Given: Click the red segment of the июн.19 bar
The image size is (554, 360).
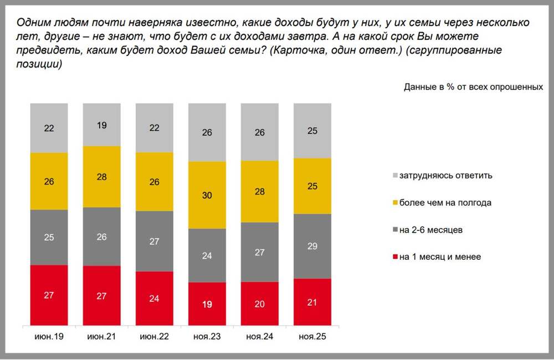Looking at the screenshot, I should click(x=49, y=295).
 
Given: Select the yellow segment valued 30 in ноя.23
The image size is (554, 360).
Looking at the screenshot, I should click(x=207, y=195).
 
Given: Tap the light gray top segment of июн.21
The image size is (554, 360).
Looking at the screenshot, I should click(x=101, y=125).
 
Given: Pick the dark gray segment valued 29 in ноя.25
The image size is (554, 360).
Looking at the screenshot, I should click(x=312, y=246).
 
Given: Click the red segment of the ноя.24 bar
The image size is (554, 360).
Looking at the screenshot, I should click(x=259, y=304).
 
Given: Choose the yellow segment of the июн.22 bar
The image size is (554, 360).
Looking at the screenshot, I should click(x=154, y=182).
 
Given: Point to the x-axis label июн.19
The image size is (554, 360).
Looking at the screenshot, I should click(x=49, y=336).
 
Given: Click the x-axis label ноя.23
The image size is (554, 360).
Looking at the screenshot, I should click(x=207, y=336).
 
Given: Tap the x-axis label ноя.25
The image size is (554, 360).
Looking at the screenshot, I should click(x=312, y=336).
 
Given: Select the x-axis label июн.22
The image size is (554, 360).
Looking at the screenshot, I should click(x=154, y=336).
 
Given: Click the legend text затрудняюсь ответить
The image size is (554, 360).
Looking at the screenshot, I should click(x=447, y=176).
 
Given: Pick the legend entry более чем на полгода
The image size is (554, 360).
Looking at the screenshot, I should click(x=445, y=203).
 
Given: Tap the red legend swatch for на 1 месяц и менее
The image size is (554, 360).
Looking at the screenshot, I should click(x=394, y=257).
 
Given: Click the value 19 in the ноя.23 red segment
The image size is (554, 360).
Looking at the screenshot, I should click(x=207, y=304).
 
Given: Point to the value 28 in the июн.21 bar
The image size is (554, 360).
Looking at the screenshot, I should click(x=101, y=177).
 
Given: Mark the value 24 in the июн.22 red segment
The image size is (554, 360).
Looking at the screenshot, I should click(x=154, y=298).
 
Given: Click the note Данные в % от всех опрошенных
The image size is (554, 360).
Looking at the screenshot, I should click(x=473, y=87).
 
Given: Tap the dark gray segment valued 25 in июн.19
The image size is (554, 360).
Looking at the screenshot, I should click(x=49, y=238).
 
